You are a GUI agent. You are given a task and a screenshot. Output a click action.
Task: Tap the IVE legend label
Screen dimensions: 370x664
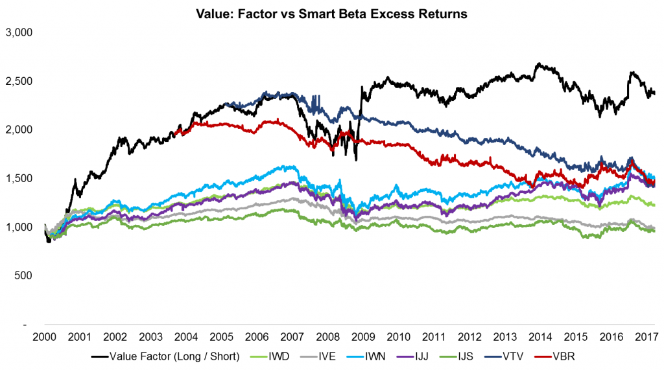coord(321,356)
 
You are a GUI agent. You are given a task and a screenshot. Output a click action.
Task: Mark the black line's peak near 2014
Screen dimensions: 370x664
coord(537,64)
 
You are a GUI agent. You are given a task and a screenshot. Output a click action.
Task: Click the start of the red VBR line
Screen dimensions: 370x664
coord(176,132)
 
